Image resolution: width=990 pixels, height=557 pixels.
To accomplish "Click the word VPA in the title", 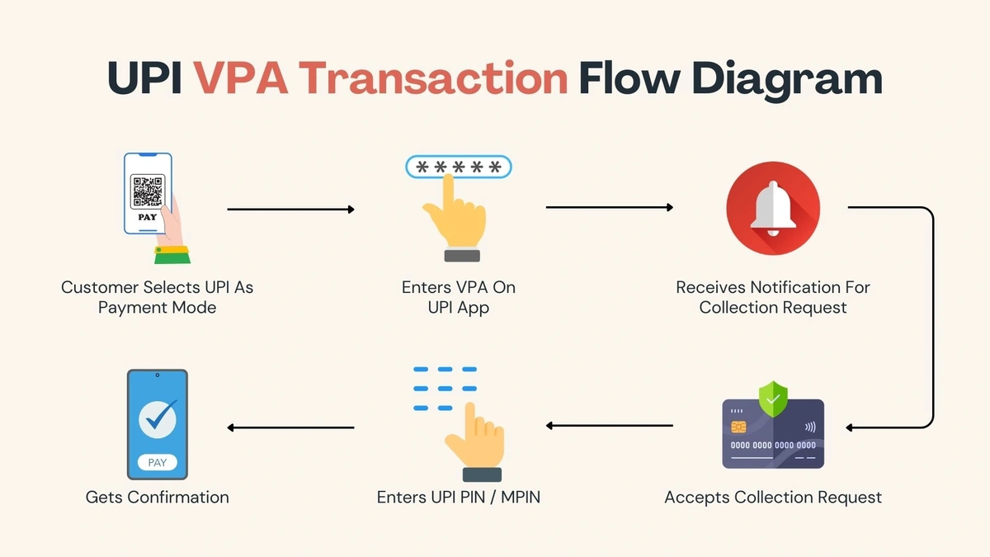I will pos(240,79).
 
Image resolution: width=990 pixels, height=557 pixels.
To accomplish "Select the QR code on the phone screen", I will pos(148,191).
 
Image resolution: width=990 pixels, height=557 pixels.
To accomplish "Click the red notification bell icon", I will pos(773,209).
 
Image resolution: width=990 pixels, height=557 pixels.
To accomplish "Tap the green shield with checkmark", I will pos(773,399).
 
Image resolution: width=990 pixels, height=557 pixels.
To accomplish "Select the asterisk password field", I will pos(459,168).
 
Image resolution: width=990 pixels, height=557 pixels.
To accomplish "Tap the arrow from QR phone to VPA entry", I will pos(290,210).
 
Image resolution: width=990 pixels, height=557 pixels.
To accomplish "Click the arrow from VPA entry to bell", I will pos(609,207).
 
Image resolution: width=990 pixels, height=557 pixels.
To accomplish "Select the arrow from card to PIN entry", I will pos(609,426).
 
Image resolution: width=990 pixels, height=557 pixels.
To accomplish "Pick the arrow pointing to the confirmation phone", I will pos(290,427).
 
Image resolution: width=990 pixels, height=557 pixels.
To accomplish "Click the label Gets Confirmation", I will pos(158,497).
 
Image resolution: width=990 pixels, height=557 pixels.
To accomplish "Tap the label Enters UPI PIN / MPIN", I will pos(459,497).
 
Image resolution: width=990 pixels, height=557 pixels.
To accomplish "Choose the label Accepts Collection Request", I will pos(773,497).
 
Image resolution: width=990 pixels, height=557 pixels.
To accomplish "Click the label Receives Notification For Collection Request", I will pos(773,297).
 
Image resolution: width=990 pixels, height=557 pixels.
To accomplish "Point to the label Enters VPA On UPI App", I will pos(459,297).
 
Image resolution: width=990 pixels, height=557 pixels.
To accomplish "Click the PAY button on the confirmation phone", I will pos(157,463).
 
